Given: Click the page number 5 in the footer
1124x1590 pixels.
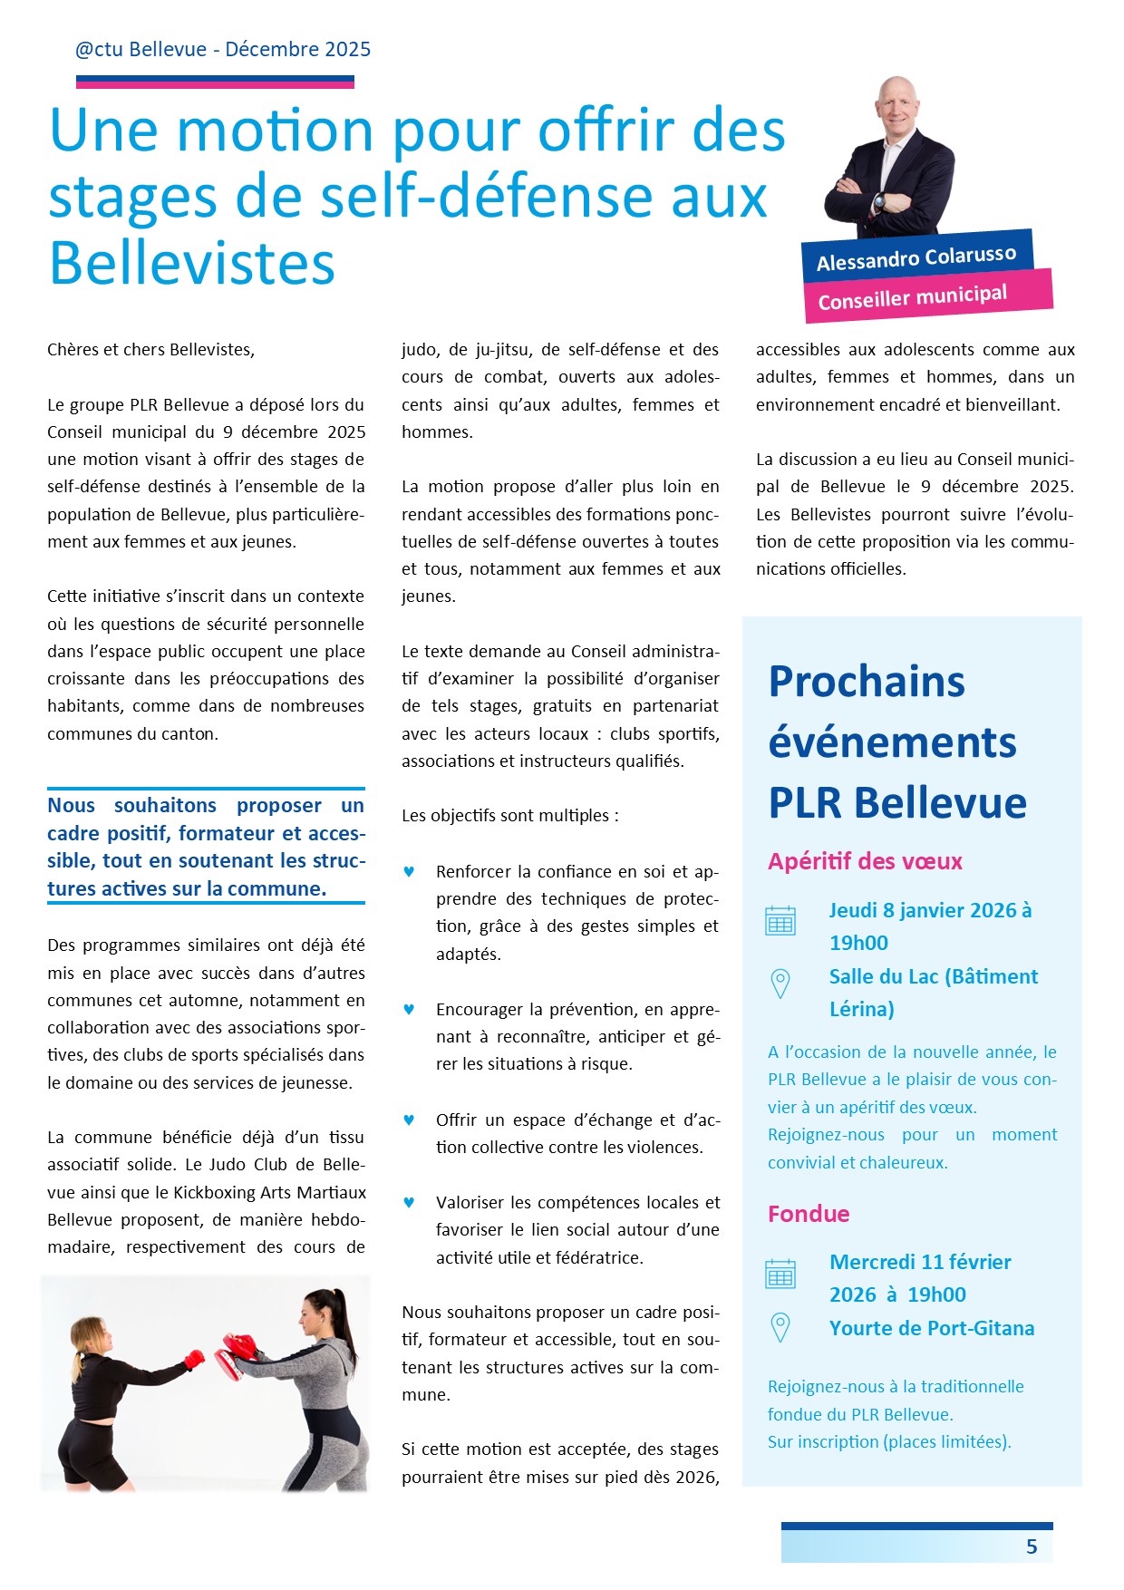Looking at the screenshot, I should point(1031,1546).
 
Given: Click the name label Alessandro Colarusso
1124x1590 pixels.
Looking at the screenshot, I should point(916,258).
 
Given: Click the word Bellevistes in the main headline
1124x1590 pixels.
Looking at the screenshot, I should point(192,264).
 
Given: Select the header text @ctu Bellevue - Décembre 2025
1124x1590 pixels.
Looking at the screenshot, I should point(223,50).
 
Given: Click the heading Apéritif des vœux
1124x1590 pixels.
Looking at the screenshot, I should point(865,861).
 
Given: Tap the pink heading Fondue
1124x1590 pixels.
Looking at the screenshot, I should point(809,1214).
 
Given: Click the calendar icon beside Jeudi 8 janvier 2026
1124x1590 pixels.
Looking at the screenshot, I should point(780,920).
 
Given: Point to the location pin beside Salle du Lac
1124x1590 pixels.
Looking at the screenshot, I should point(780,984).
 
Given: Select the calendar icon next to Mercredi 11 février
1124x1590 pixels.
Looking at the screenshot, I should point(780,1273).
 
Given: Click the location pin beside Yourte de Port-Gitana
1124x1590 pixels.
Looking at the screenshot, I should point(780,1327).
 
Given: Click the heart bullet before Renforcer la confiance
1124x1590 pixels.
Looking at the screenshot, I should point(409,872).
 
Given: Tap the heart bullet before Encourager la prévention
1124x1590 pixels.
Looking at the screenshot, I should point(409,1009).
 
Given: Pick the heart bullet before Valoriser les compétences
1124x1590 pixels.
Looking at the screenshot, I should point(409,1202).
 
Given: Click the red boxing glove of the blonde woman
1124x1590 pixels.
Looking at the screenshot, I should point(193,1360).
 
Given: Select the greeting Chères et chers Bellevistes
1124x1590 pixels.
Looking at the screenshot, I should point(151,350).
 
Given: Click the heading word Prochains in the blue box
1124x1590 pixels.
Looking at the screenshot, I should point(867,682).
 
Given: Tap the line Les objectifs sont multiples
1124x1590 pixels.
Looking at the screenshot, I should point(510,816).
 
